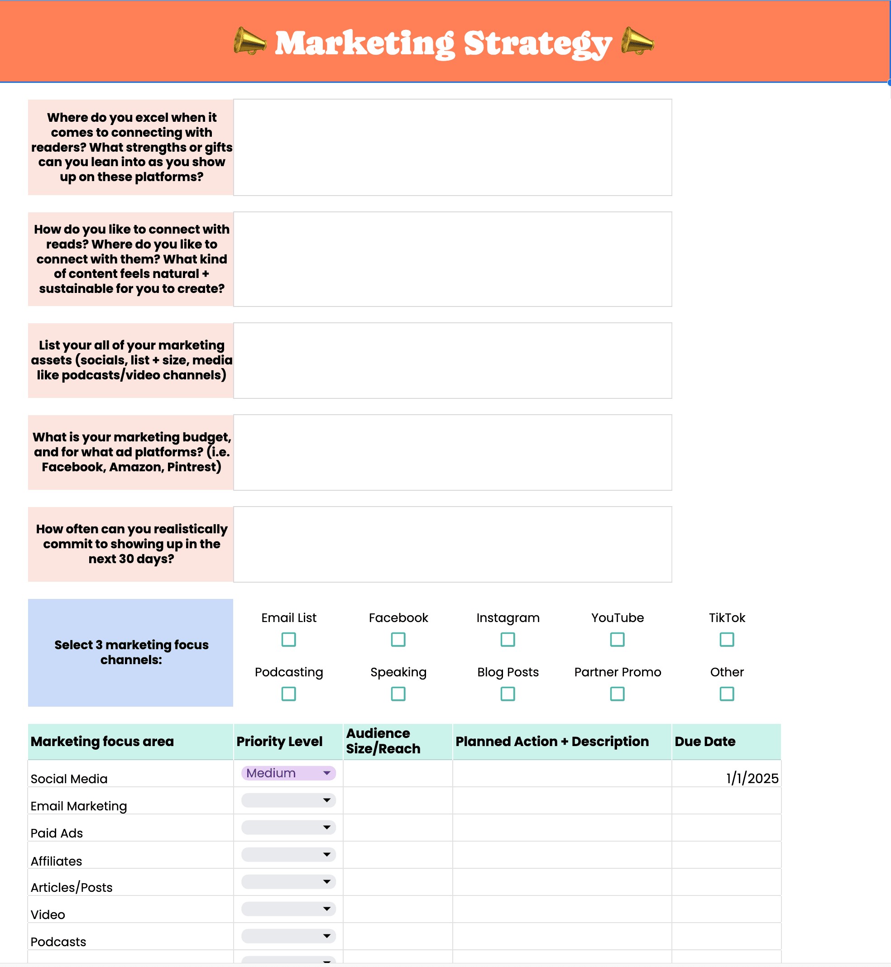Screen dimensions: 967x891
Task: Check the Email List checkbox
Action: click(288, 640)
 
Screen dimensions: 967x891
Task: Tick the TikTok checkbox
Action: click(727, 640)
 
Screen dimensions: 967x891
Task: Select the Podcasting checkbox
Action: click(288, 694)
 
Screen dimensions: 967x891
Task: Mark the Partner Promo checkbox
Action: click(617, 694)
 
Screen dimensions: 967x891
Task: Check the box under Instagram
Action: click(508, 640)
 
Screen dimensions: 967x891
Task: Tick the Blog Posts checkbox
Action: click(508, 694)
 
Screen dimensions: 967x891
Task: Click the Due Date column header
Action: click(705, 742)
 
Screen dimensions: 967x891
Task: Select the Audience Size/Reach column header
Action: click(383, 741)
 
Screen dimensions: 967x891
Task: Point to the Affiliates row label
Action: click(57, 861)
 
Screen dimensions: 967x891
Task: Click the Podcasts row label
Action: click(58, 942)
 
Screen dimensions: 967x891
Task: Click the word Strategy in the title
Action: click(537, 44)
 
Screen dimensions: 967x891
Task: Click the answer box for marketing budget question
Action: click(452, 452)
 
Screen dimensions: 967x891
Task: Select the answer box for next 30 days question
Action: click(452, 544)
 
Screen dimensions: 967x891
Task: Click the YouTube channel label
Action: click(617, 618)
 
